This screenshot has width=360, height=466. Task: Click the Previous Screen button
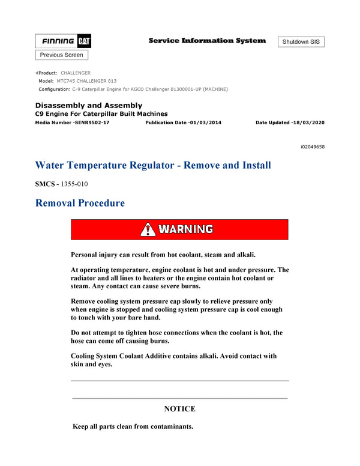pos(62,55)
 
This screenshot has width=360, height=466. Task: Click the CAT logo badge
pos(83,41)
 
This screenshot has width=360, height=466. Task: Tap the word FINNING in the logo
pos(58,41)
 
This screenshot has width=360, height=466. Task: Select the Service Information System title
pos(207,41)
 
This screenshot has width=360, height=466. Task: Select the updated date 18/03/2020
pos(306,122)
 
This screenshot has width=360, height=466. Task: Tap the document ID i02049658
pos(312,147)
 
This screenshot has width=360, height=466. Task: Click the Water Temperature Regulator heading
pos(153,165)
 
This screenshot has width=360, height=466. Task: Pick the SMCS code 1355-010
pos(79,184)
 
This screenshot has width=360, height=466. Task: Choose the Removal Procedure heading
pos(80,203)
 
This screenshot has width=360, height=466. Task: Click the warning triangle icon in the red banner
pos(148,229)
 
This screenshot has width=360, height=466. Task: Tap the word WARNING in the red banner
pos(185,229)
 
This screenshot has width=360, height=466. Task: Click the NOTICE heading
pos(179,409)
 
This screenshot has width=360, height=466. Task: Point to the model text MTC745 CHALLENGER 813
pos(86,81)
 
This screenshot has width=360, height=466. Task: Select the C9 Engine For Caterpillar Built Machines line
pos(101,113)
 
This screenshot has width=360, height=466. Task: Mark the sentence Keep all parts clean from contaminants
pos(133,426)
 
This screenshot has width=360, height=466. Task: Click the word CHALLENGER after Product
pos(76,73)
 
